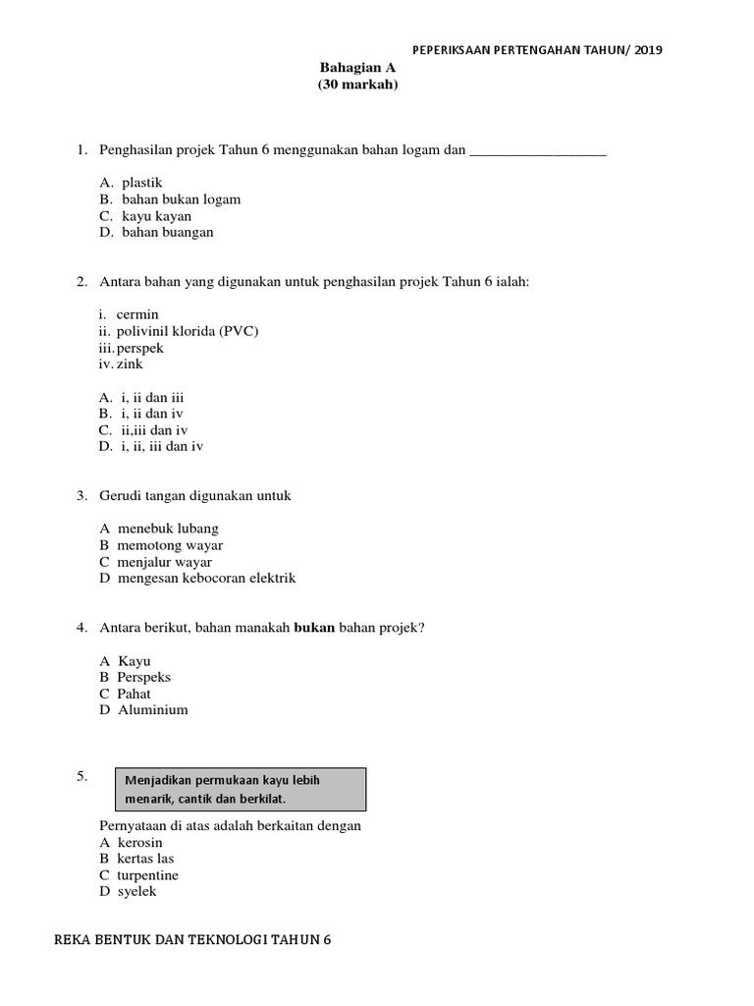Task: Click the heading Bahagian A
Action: (357, 68)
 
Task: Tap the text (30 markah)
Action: (357, 84)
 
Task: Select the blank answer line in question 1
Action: (539, 152)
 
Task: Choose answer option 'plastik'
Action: (142, 183)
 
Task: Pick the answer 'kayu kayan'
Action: (157, 216)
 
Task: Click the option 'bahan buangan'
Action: (168, 233)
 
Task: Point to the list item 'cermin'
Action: (137, 314)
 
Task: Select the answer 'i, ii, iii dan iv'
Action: (162, 447)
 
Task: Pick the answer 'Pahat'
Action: (135, 694)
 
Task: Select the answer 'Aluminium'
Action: (152, 710)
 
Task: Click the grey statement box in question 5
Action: (242, 789)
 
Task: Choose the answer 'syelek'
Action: (137, 892)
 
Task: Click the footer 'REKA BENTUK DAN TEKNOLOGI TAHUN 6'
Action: (192, 940)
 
